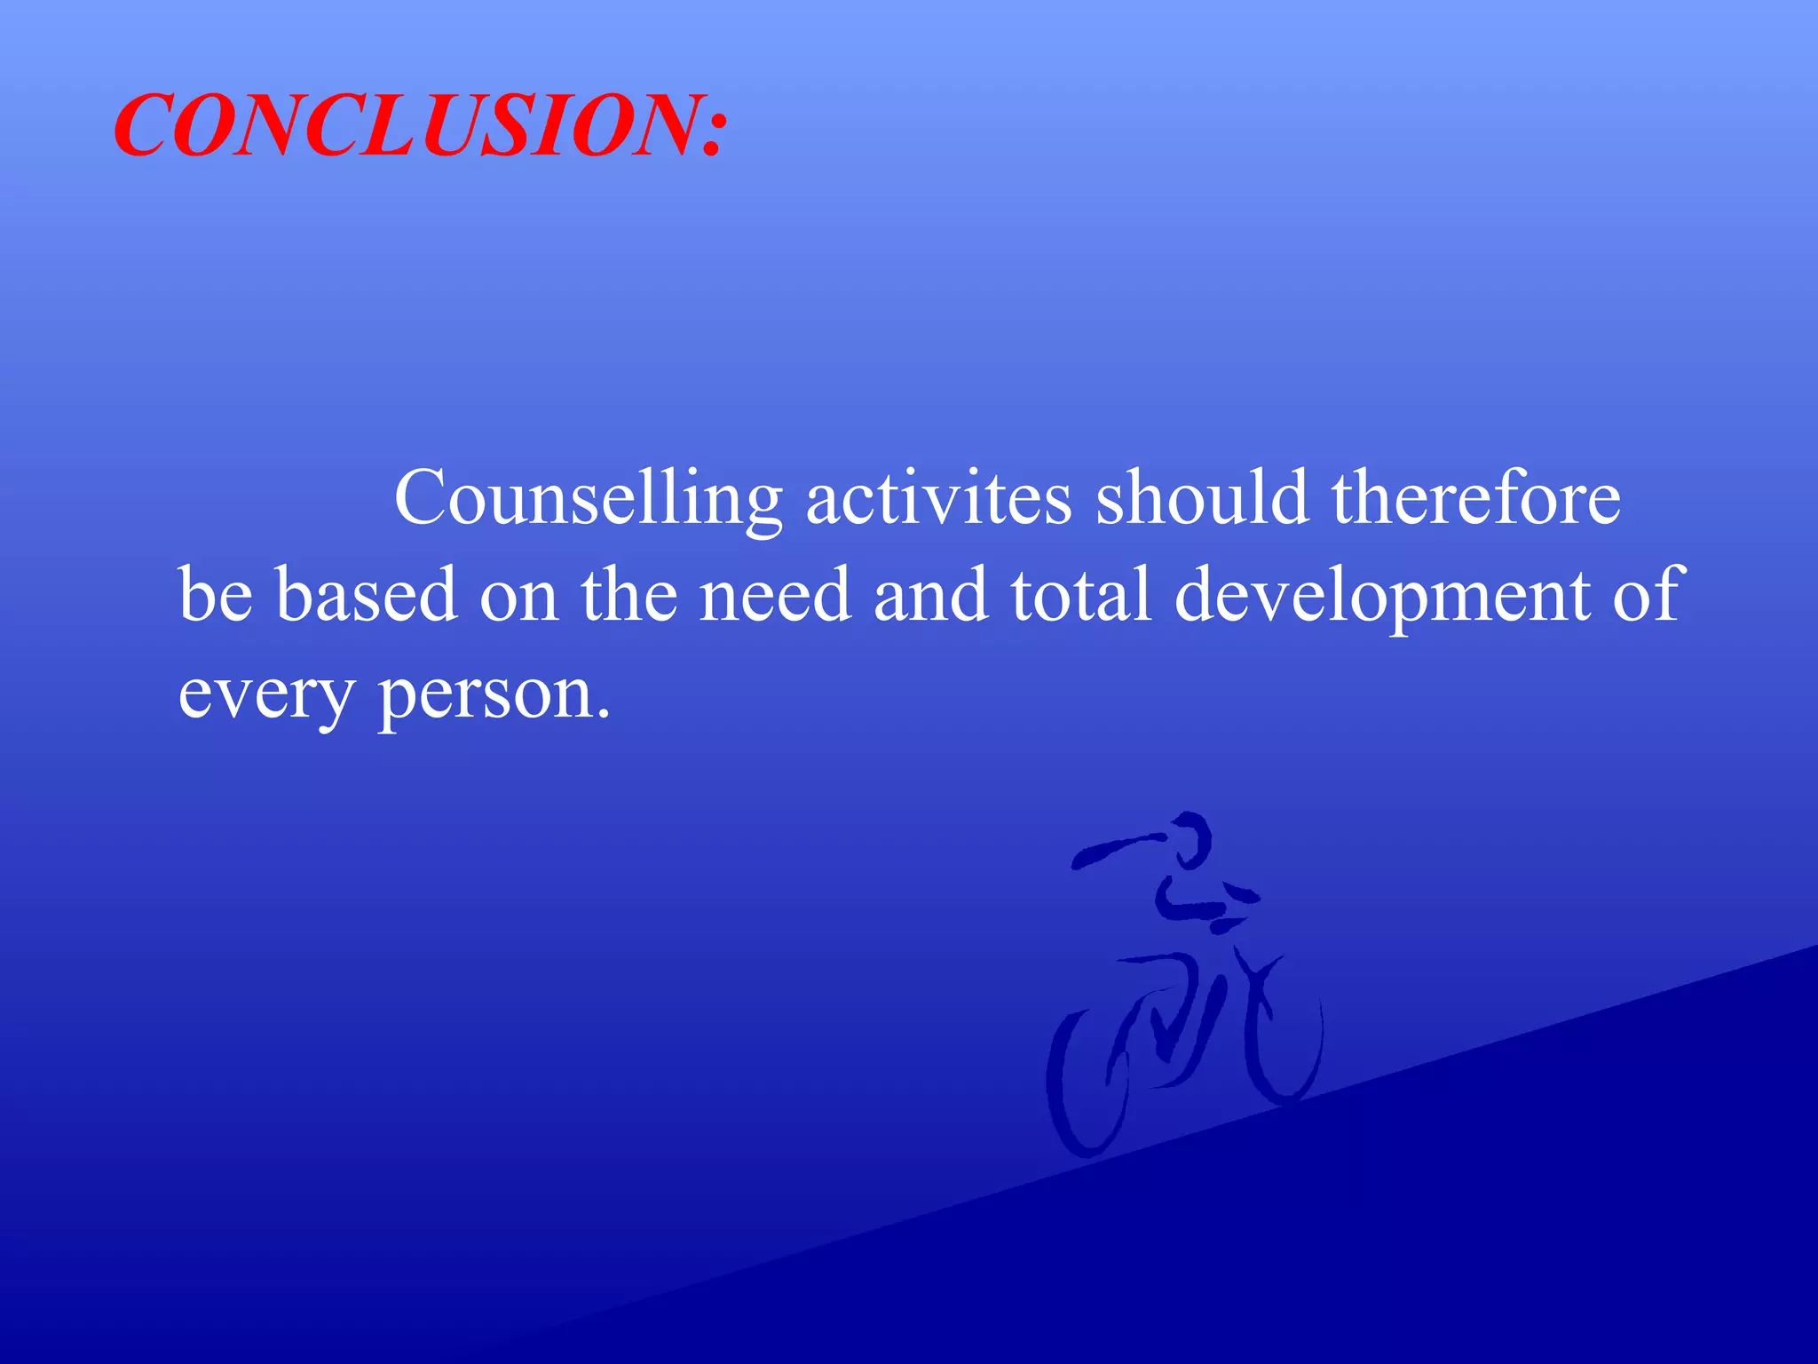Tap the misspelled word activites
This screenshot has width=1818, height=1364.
(938, 498)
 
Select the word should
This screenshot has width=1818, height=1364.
(1202, 497)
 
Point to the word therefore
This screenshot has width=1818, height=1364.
(1475, 497)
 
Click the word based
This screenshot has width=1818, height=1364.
(366, 595)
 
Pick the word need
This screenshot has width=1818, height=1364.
(775, 595)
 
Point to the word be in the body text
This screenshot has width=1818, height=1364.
(216, 595)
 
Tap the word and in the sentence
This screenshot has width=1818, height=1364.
(930, 595)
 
